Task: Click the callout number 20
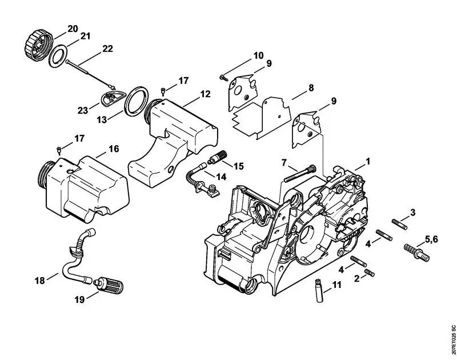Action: (x=73, y=29)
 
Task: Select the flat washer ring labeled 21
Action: (x=57, y=57)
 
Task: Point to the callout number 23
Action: (x=82, y=110)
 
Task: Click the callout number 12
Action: (x=205, y=94)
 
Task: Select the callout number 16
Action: (x=113, y=149)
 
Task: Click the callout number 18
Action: (x=39, y=280)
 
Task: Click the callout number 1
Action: (x=368, y=162)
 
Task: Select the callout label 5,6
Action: (x=431, y=238)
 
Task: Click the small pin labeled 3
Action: (x=398, y=223)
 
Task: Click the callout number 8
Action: (x=311, y=88)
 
